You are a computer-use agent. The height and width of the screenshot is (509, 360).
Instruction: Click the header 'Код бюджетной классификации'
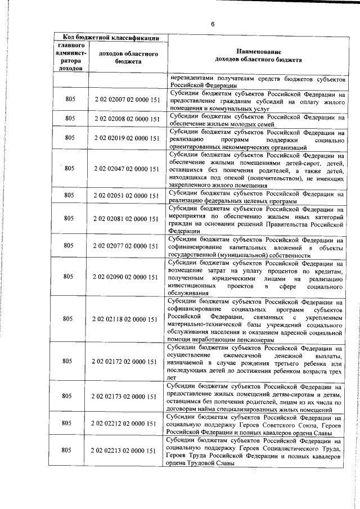[x=110, y=37]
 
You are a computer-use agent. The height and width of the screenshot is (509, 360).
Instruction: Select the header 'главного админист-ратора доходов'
[x=70, y=56]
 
